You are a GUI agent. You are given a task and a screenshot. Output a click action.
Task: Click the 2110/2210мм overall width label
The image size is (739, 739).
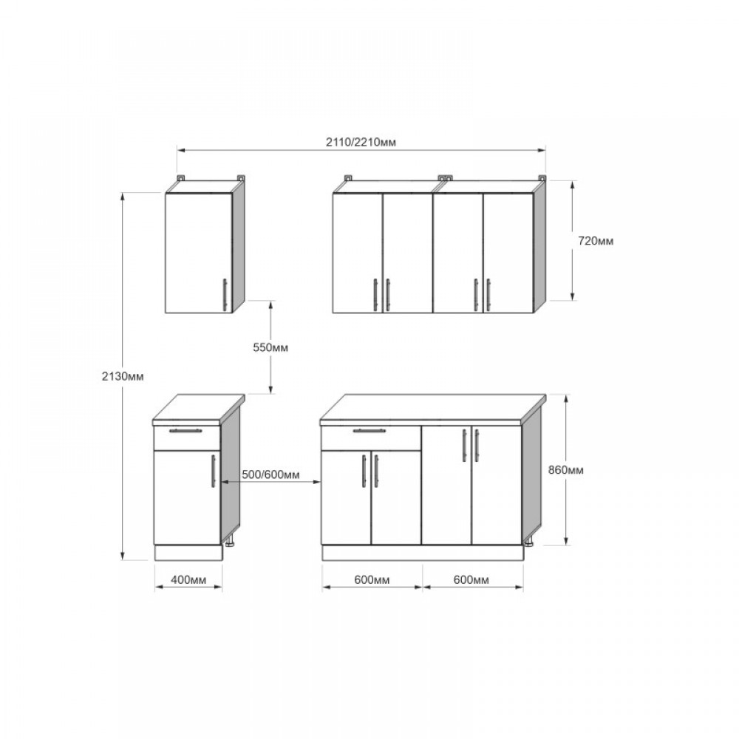[361, 142]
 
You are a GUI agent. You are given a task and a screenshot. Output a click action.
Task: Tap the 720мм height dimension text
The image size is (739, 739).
[596, 241]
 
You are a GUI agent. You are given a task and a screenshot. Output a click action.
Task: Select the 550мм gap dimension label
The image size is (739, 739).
[270, 347]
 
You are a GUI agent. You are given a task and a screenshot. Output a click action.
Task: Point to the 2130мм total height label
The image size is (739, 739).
[123, 376]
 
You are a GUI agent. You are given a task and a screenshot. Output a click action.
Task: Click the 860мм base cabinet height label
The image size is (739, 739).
[565, 470]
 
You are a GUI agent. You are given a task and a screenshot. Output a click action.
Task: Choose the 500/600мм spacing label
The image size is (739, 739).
[270, 474]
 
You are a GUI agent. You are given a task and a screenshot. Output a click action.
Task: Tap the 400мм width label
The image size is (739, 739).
[188, 579]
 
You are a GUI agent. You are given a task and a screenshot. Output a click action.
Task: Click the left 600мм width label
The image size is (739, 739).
[372, 579]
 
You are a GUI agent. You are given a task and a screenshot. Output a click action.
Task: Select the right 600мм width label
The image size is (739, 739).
[471, 579]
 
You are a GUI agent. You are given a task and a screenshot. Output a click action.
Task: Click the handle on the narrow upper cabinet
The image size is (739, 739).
[225, 295]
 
